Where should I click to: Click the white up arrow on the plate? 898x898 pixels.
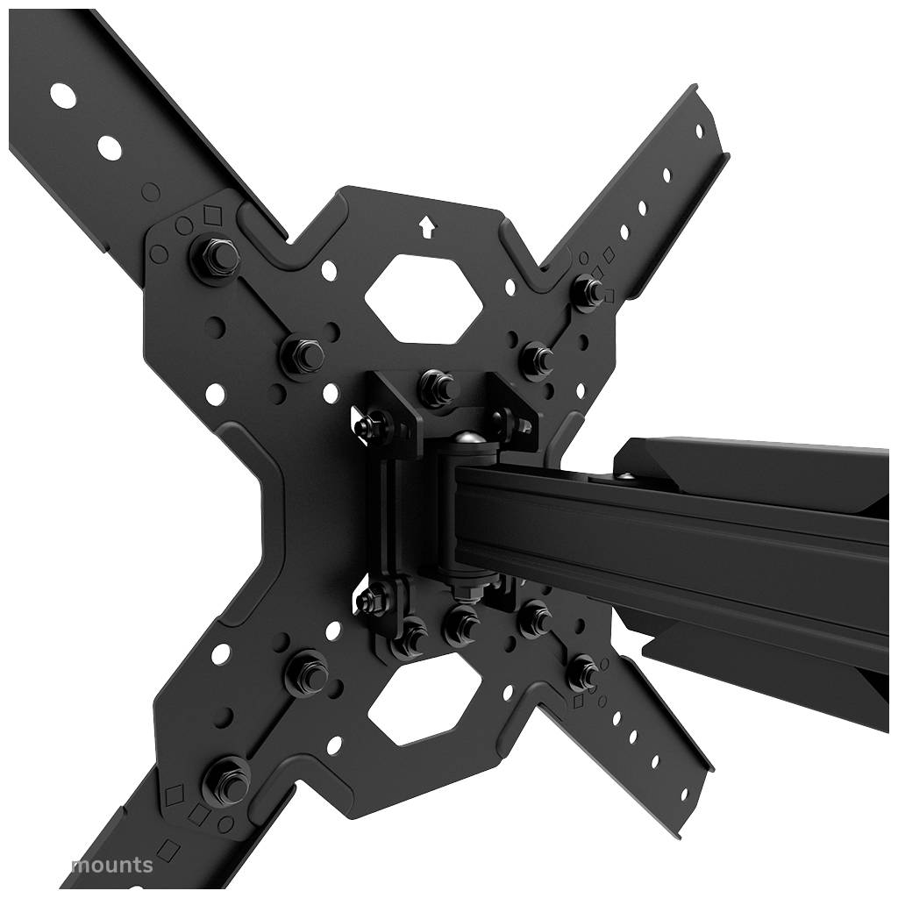coord(427,227)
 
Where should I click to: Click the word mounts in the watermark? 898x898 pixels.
coord(111,866)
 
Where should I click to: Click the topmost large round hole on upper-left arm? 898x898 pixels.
coord(62,94)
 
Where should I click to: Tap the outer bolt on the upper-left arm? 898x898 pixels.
coord(214,256)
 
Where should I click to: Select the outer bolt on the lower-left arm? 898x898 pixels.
coord(226,778)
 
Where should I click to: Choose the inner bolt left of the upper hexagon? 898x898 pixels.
coord(302,354)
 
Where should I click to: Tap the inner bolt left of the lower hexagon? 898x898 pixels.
coord(307,673)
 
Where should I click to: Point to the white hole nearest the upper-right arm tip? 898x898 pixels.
coord(699,131)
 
